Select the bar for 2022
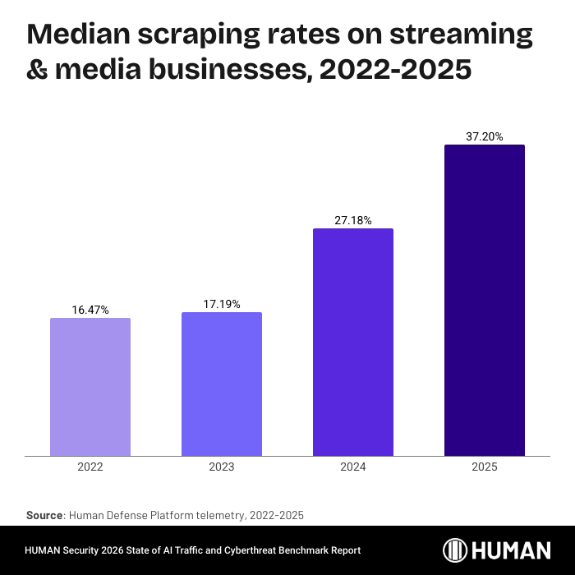(x=90, y=387)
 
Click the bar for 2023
(x=222, y=384)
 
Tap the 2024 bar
(x=353, y=342)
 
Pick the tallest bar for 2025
(x=485, y=300)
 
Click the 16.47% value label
(x=90, y=310)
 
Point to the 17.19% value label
(x=222, y=304)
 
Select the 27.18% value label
(x=353, y=220)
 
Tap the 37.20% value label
(x=485, y=136)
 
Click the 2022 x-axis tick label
(x=90, y=467)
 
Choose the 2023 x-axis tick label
(x=222, y=467)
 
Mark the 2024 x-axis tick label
(x=353, y=467)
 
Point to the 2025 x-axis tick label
(x=485, y=467)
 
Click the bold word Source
(x=44, y=515)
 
